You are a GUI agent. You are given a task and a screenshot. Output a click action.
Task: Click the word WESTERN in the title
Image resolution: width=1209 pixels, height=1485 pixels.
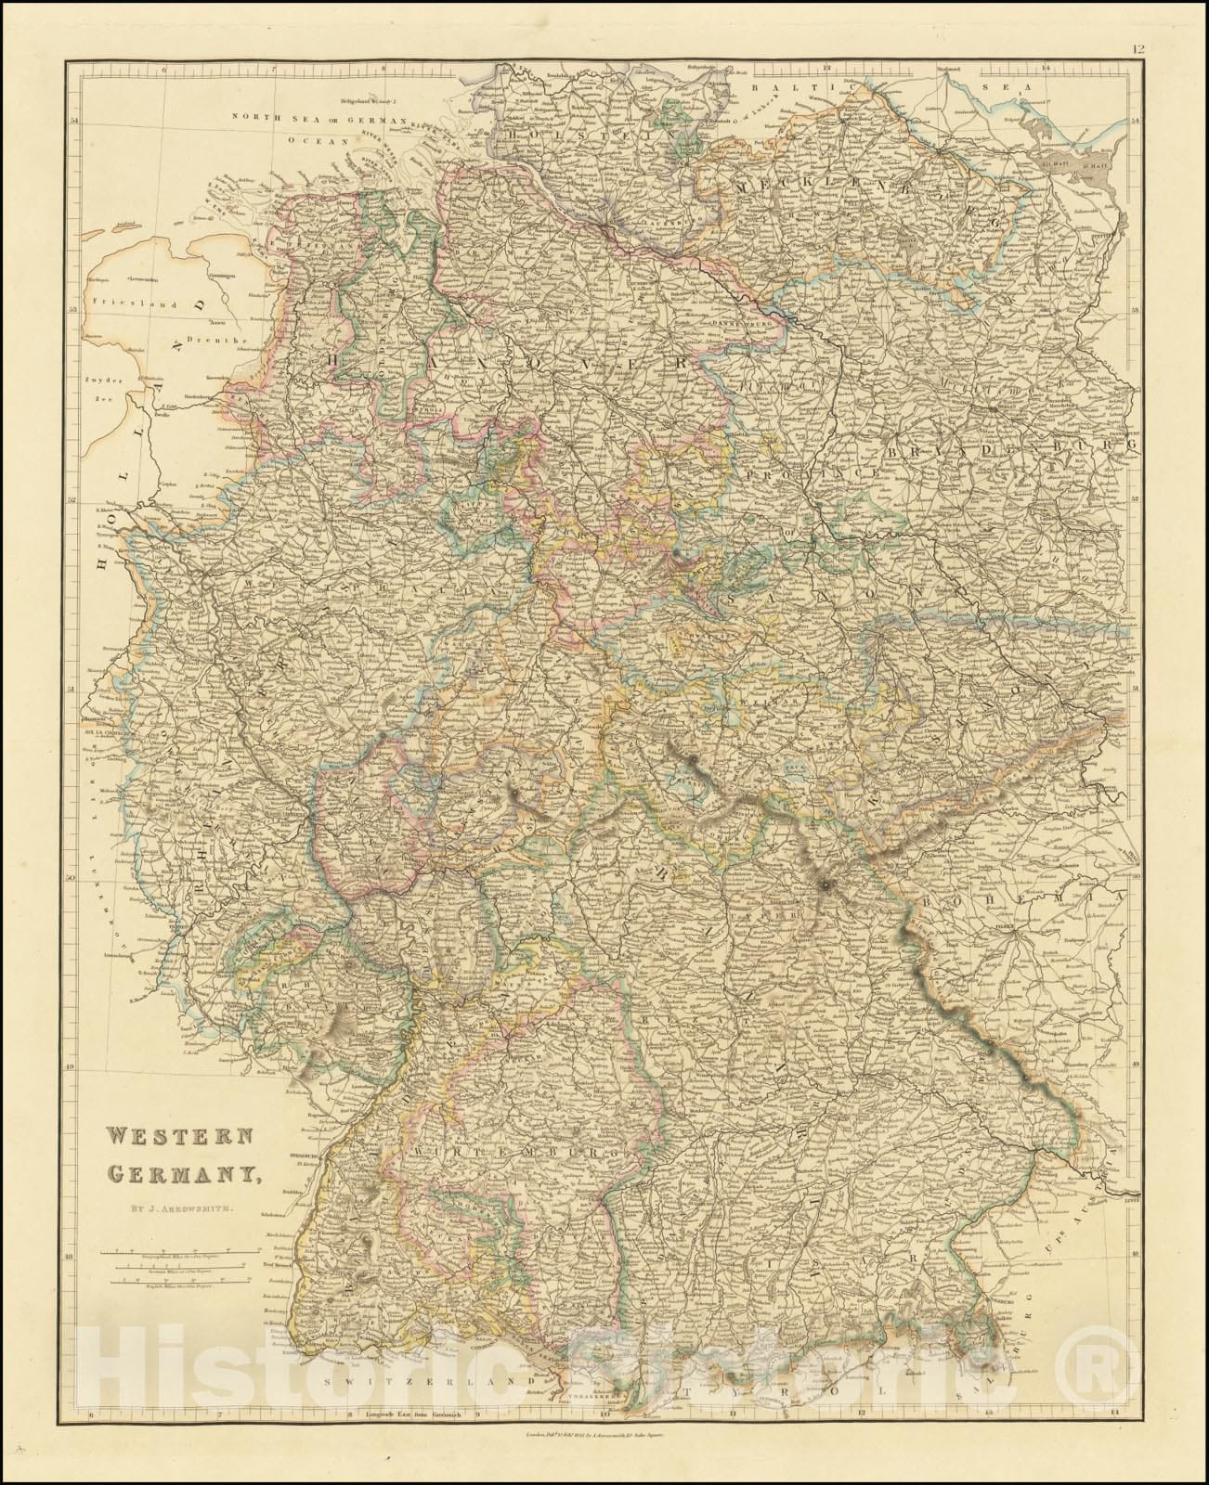tap(167, 1138)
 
